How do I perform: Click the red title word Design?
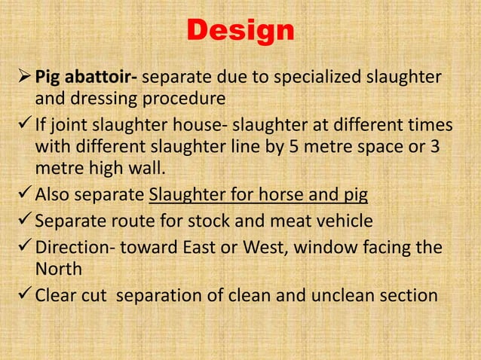[x=240, y=31]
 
